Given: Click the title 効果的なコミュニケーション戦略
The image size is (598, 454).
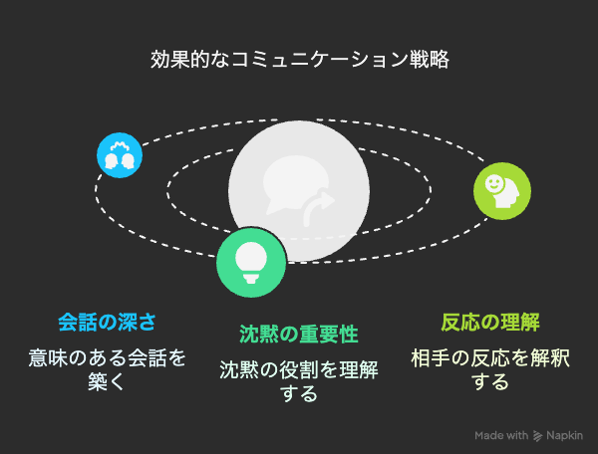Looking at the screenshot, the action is click(299, 60).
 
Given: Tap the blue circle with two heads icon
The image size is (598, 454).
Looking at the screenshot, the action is click(120, 155).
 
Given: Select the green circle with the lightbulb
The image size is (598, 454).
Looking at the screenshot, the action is click(251, 263).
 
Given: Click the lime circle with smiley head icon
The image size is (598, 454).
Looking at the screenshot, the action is click(502, 191).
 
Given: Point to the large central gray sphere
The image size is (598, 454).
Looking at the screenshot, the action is click(299, 191).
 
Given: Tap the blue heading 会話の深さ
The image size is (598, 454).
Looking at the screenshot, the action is click(108, 323).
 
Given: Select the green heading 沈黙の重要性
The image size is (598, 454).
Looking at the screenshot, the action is click(299, 334).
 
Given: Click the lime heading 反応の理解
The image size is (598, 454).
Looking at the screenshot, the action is click(490, 323).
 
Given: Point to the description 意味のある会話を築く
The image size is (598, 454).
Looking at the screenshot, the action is click(108, 369).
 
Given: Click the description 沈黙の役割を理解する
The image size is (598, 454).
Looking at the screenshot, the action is click(299, 381).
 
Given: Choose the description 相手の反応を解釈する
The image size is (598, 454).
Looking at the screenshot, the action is click(490, 369).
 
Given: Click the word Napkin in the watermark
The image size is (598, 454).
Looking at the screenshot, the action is click(564, 435).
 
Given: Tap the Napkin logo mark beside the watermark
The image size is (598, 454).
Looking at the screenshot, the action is click(537, 436).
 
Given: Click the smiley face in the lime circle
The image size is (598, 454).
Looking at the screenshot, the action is click(493, 183).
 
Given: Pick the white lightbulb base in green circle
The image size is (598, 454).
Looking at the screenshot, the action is click(251, 279).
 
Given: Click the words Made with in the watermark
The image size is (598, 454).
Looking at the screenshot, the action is click(501, 435).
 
